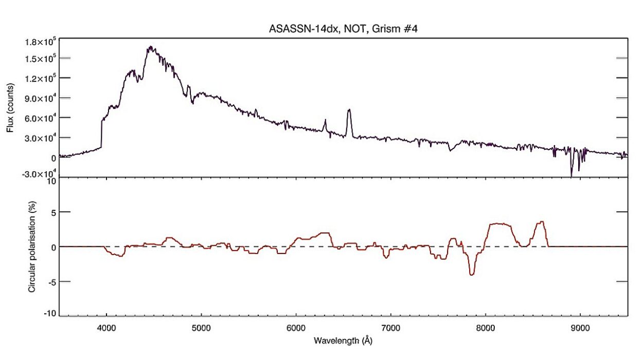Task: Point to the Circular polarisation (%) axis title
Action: tap(32, 247)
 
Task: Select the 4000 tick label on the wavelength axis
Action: tap(106, 327)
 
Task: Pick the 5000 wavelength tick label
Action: tap(201, 327)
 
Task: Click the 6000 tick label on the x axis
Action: tap(296, 327)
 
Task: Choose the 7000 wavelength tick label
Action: tap(390, 327)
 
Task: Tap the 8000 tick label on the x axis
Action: tap(485, 327)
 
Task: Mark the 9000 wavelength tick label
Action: tap(580, 327)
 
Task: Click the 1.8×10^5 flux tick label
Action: tap(39, 41)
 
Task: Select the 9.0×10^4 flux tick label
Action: tap(39, 98)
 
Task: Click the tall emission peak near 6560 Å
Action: tap(349, 110)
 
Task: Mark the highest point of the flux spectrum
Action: tap(150, 47)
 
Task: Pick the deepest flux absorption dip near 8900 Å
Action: tap(571, 176)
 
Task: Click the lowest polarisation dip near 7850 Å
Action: tap(472, 275)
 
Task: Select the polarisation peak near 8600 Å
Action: tap(541, 222)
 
